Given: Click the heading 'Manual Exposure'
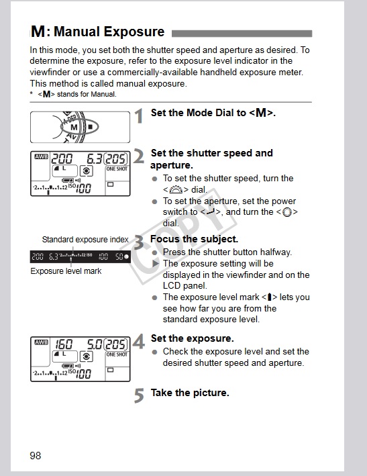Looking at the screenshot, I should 109,32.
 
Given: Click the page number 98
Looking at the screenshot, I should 36,456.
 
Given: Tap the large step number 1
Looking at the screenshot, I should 139,116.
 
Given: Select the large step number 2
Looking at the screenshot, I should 139,156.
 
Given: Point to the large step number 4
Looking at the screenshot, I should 139,342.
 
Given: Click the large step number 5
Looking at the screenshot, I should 139,395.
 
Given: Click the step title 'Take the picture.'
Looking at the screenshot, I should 190,392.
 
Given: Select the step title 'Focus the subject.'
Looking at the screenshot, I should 195,239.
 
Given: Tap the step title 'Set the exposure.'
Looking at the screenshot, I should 192,338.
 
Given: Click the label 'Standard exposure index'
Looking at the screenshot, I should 85,240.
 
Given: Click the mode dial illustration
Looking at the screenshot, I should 81,126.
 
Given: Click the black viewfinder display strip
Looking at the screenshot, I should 81,256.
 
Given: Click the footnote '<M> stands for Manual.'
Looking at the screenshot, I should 77,94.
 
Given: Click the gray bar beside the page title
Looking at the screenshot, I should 242,33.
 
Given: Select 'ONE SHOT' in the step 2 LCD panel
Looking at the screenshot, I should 117,169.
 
